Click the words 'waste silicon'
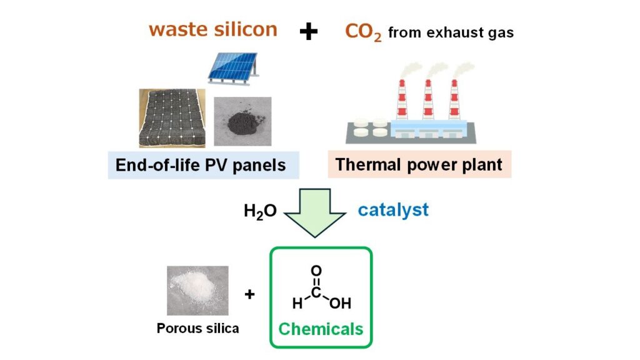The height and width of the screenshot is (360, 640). [212, 30]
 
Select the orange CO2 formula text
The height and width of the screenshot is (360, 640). [362, 32]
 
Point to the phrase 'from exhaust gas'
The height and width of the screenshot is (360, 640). [451, 32]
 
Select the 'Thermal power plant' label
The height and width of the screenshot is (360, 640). [419, 164]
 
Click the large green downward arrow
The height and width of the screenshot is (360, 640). [316, 212]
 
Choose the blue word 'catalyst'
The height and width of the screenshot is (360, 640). [393, 209]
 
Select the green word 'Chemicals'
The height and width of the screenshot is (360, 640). [321, 329]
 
